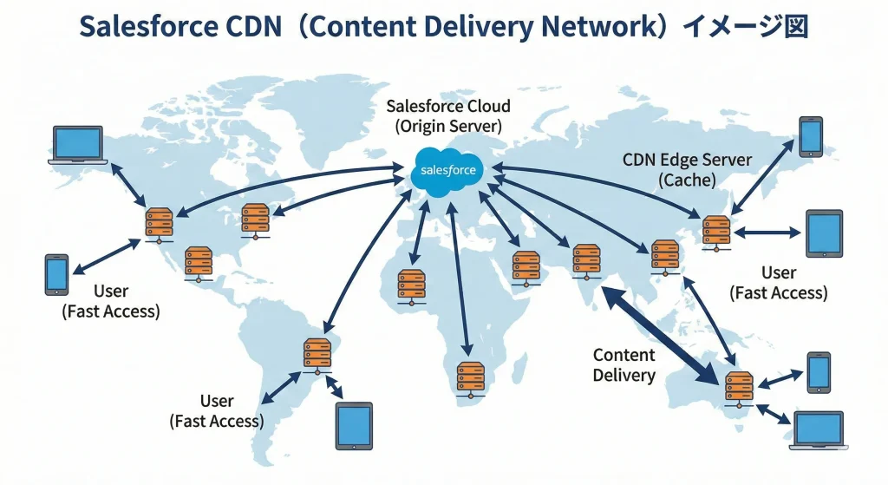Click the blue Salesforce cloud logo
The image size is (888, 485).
pyautogui.click(x=445, y=169)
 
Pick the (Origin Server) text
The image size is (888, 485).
pyautogui.click(x=447, y=127)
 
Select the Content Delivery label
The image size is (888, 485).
pyautogui.click(x=624, y=364)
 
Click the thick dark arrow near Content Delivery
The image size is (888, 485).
pyautogui.click(x=663, y=336)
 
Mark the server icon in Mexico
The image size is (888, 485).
pyautogui.click(x=199, y=263)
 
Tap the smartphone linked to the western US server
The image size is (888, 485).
pyautogui.click(x=56, y=274)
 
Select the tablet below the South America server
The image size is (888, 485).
pyautogui.click(x=354, y=426)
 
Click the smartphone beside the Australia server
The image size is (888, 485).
pyautogui.click(x=819, y=371)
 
